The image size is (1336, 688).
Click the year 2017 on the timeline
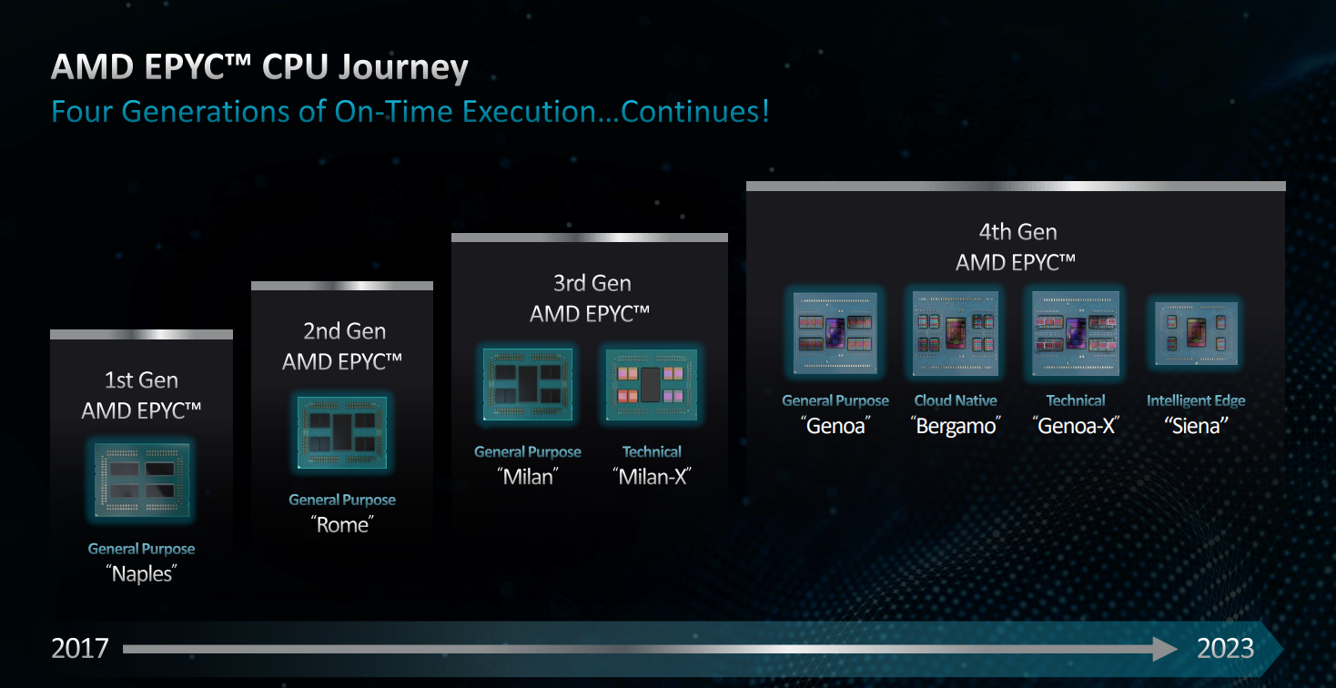tap(80, 649)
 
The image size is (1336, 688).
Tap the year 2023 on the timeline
tap(1225, 649)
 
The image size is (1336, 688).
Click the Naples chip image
tap(142, 480)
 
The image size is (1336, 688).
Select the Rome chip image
tap(342, 432)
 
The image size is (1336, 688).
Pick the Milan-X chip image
tap(652, 385)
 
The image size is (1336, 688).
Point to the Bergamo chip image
tap(956, 333)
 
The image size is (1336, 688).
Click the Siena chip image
tap(1196, 333)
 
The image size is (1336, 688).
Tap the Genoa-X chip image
tap(1076, 333)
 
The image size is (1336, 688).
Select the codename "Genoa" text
tap(835, 426)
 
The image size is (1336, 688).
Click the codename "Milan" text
tap(528, 477)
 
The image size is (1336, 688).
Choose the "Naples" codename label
tap(141, 573)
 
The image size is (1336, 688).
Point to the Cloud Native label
tap(956, 400)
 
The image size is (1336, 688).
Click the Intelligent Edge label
tap(1196, 401)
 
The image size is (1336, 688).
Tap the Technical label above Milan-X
tap(652, 452)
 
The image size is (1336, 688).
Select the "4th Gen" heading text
tap(1017, 232)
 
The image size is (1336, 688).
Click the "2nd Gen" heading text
tap(344, 331)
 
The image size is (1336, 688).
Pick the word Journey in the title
tap(403, 67)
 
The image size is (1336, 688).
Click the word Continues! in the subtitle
tap(694, 112)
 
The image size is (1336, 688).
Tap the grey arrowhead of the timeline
tap(1165, 649)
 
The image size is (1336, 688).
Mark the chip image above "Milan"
tap(528, 385)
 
